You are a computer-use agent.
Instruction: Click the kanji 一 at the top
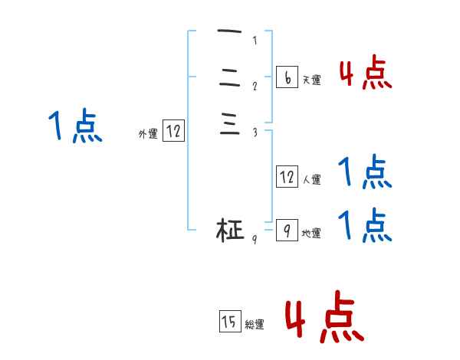[x=229, y=33]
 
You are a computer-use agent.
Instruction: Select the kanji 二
[x=229, y=77]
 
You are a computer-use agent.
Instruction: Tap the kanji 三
[x=229, y=123]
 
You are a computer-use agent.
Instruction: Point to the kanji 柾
[x=229, y=229]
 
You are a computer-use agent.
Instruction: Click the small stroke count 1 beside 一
[x=255, y=41]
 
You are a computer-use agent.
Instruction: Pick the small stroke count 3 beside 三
[x=255, y=133]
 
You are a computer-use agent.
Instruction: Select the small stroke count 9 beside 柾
[x=255, y=239]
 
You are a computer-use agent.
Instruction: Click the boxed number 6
[x=287, y=77]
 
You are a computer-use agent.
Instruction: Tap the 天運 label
[x=311, y=80]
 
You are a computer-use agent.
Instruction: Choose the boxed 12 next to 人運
[x=287, y=177]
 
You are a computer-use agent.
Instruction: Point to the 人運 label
[x=311, y=180]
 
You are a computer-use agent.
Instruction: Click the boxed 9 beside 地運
[x=286, y=231]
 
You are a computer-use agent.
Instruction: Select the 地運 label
[x=311, y=234]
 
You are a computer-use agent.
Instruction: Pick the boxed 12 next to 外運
[x=173, y=131]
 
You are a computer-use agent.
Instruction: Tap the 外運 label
[x=147, y=134]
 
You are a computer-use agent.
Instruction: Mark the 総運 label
[x=255, y=325]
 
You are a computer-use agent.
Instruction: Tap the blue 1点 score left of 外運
[x=74, y=127]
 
